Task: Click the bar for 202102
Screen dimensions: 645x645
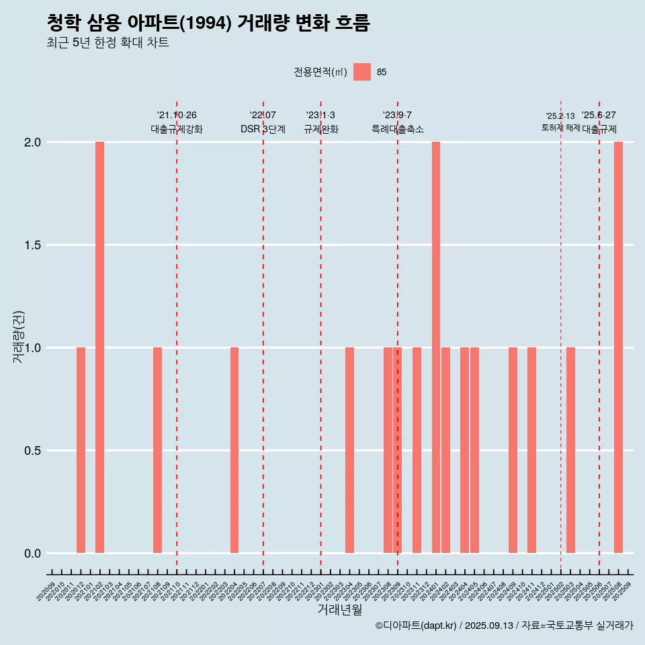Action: [99, 347]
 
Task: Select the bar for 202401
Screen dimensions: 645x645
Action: [436, 347]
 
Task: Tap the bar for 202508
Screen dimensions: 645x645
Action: [618, 347]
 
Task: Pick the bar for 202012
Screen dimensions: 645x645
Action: [81, 450]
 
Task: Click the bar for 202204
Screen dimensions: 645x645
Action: [234, 450]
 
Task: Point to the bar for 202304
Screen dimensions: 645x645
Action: [349, 450]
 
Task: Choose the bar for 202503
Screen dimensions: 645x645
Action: [570, 450]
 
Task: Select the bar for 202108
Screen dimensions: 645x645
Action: [157, 450]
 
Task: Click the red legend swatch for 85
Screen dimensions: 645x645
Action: [362, 72]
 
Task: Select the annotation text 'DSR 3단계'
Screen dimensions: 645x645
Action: [263, 129]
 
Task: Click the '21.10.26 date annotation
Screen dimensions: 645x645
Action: [177, 115]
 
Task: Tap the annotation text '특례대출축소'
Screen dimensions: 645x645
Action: [398, 129]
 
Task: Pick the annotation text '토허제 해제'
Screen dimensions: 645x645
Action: [560, 128]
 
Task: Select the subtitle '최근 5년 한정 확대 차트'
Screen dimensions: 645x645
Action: [107, 43]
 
